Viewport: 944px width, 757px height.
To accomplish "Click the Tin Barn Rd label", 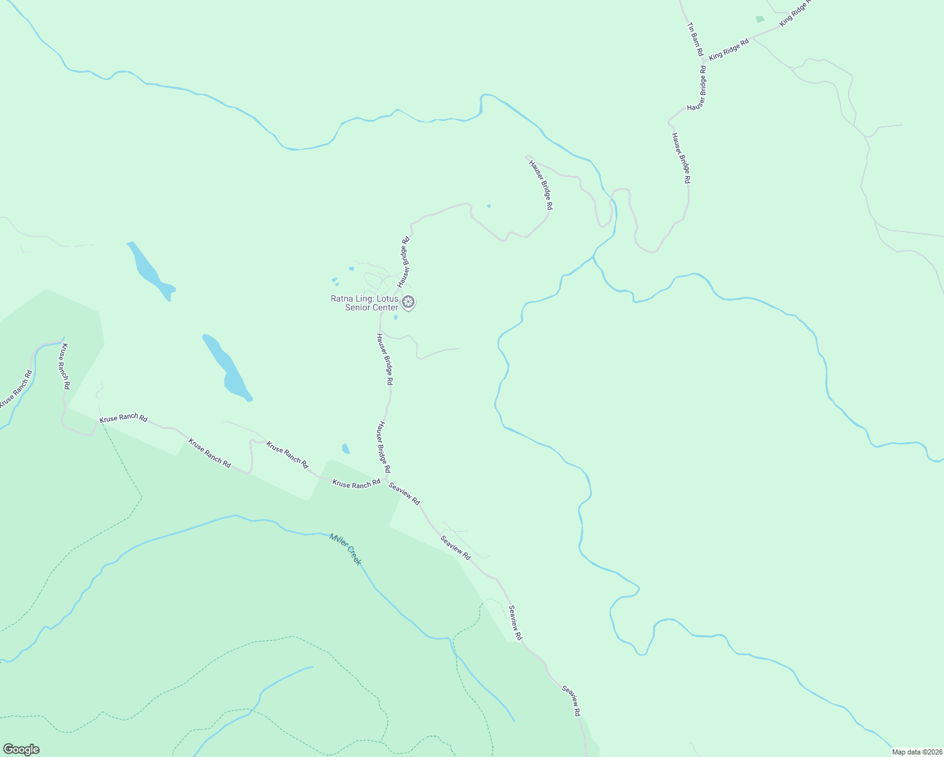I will tap(695, 40).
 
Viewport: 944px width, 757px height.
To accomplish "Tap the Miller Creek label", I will tap(345, 549).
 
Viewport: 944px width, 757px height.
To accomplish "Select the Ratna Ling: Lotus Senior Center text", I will tap(365, 303).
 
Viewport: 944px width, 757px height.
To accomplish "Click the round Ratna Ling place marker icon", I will tap(409, 302).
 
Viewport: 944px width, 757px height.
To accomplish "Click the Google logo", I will tap(21, 749).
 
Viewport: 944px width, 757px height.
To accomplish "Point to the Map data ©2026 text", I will tap(916, 752).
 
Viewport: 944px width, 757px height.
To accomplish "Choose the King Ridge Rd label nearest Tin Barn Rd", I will tap(728, 49).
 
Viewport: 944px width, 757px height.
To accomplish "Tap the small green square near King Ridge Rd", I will tap(760, 20).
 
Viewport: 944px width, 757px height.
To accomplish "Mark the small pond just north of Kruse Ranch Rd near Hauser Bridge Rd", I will tap(345, 449).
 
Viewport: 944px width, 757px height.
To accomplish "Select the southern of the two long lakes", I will tap(226, 368).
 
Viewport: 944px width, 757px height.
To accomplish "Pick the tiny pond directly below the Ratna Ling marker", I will tap(396, 317).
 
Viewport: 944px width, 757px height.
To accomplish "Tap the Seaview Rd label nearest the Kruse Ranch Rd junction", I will tap(404, 493).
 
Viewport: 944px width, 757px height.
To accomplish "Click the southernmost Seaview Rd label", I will tap(572, 700).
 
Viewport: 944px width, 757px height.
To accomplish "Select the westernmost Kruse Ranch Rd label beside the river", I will tap(15, 389).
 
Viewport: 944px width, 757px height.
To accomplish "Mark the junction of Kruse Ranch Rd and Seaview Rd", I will tap(385, 479).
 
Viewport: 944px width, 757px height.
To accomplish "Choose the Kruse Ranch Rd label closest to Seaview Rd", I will tap(357, 483).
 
